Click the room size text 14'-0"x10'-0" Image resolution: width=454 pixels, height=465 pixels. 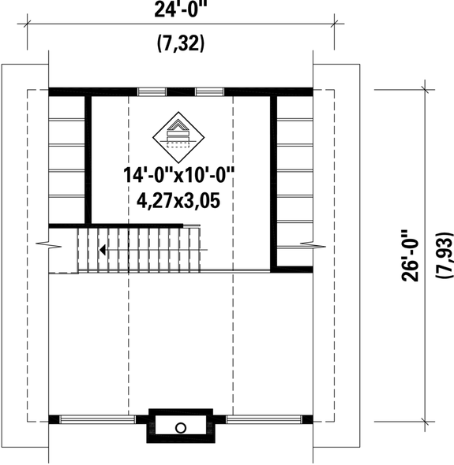(x=179, y=175)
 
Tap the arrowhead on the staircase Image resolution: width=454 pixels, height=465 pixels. (x=103, y=251)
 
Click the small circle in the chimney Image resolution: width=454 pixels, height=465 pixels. (x=180, y=427)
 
